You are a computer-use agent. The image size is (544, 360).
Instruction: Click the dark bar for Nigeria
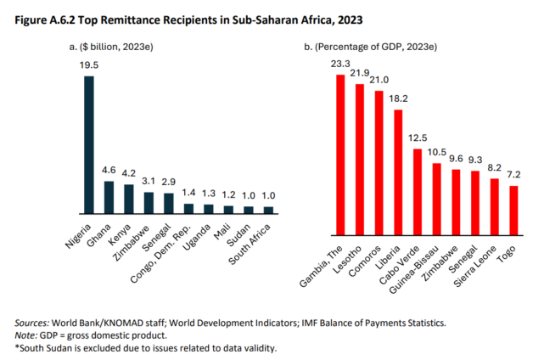(x=88, y=144)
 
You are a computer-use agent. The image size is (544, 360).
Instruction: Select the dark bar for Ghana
(x=109, y=196)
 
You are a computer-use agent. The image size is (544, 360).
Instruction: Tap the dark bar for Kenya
(x=128, y=198)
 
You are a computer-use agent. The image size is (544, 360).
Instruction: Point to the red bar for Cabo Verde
(x=417, y=190)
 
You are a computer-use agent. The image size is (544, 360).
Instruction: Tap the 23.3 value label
(x=340, y=65)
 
